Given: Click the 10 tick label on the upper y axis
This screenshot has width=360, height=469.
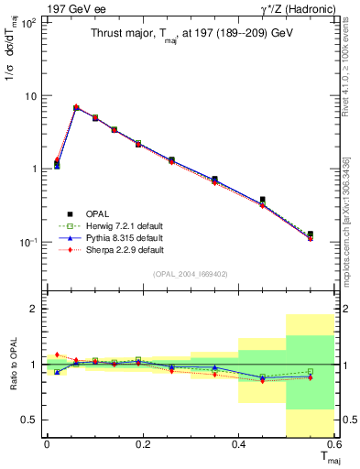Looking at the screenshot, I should click(x=29, y=95).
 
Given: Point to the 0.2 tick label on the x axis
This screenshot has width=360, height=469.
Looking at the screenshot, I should click(x=142, y=444).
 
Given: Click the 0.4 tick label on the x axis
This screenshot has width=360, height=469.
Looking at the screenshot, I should click(x=238, y=444).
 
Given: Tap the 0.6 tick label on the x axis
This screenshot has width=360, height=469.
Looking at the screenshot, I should click(x=333, y=444).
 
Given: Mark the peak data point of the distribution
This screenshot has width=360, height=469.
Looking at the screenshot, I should click(x=76, y=108).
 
